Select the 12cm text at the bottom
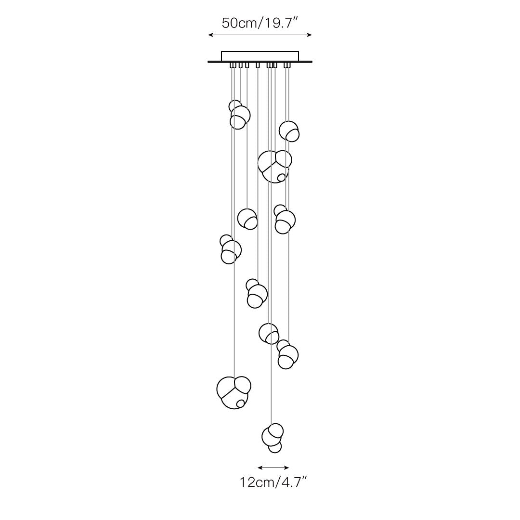tap(256, 482)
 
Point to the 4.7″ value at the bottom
tap(293, 482)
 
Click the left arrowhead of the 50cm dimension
tap(210, 35)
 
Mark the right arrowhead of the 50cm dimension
tap(310, 35)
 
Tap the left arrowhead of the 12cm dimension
tap(260, 468)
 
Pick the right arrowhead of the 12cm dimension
tap(286, 468)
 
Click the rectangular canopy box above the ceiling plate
tap(260, 56)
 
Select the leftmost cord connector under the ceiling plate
tap(233, 65)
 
